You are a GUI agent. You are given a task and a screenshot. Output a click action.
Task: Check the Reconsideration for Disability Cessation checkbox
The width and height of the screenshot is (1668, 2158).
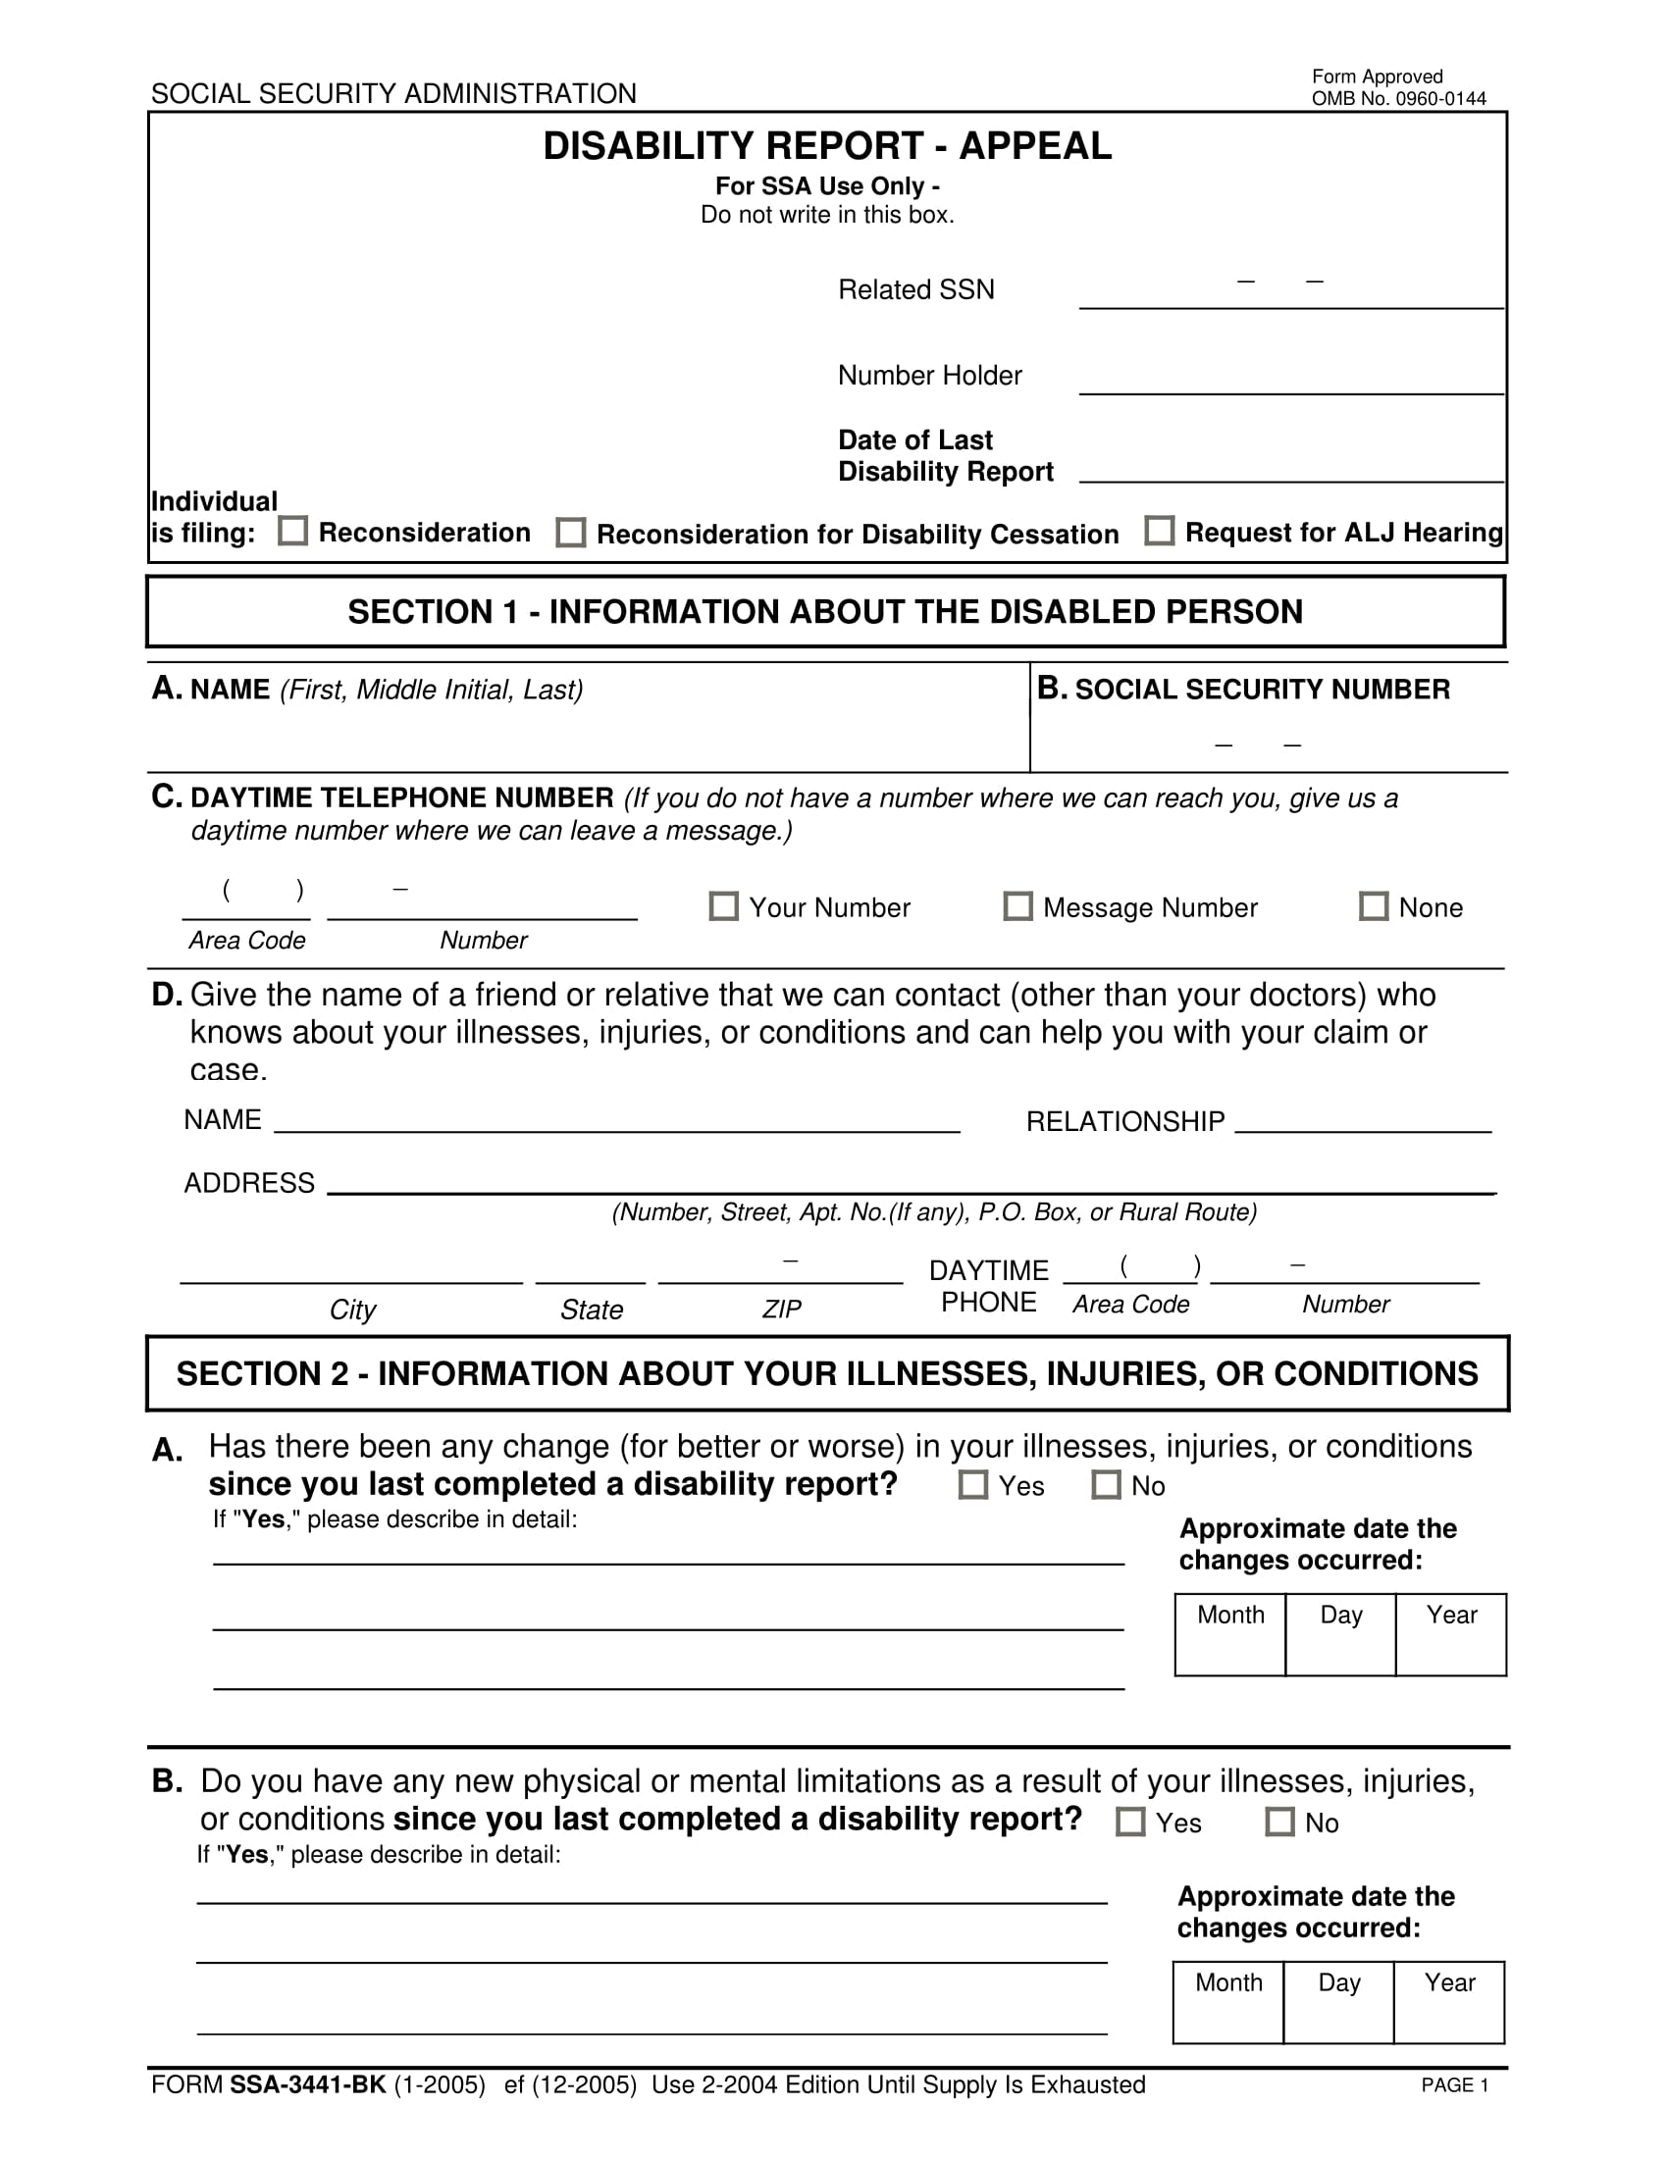click(570, 533)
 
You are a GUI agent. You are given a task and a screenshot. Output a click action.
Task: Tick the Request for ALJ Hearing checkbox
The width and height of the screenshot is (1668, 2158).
click(1159, 531)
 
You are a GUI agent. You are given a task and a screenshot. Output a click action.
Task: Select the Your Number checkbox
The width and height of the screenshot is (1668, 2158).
click(723, 906)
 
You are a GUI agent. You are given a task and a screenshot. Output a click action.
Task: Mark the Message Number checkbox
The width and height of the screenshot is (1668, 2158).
click(1017, 906)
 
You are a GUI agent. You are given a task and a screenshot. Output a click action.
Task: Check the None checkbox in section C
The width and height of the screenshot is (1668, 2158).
click(1374, 906)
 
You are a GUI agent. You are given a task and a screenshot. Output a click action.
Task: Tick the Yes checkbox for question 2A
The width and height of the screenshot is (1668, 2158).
click(973, 1484)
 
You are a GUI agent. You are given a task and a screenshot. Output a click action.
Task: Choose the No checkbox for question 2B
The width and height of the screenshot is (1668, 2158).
click(1279, 1822)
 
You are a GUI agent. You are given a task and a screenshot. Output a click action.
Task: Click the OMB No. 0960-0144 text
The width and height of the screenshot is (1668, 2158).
click(1398, 99)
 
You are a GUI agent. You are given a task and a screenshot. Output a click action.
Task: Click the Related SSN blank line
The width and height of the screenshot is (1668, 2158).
click(1290, 294)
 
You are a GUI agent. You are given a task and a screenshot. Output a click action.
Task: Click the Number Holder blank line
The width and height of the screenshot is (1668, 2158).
click(1290, 381)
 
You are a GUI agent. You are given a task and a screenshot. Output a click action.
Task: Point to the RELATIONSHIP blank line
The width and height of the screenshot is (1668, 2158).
click(1363, 1120)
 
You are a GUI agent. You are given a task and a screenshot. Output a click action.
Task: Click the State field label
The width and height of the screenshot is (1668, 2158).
click(591, 1310)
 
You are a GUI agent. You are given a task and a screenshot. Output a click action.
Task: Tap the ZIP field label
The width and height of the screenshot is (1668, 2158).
click(781, 1310)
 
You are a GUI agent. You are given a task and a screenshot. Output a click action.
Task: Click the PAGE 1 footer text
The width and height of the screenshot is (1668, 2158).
click(1453, 2084)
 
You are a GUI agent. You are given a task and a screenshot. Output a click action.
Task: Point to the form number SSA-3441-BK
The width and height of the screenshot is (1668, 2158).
click(307, 2084)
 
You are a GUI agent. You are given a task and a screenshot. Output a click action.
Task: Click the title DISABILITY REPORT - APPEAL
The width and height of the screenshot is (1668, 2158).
click(827, 146)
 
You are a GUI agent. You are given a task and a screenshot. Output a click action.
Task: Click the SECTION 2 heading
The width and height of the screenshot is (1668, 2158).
click(827, 1373)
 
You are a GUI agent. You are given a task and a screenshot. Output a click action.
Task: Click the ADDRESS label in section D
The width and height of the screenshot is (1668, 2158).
click(249, 1183)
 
